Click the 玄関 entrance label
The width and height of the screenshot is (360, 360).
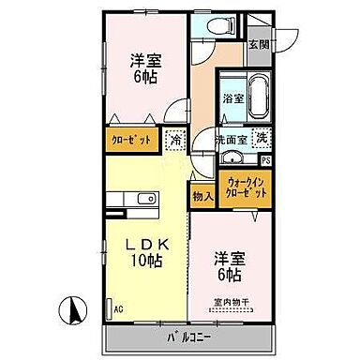pos(258,44)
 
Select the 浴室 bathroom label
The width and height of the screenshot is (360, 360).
pos(232,97)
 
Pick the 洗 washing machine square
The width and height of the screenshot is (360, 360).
pos(262,137)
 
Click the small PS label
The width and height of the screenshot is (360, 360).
pos(266,160)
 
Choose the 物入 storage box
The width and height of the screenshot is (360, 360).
pos(202,196)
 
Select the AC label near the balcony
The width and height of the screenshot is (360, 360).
pos(118,307)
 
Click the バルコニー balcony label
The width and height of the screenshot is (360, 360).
pos(191,335)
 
